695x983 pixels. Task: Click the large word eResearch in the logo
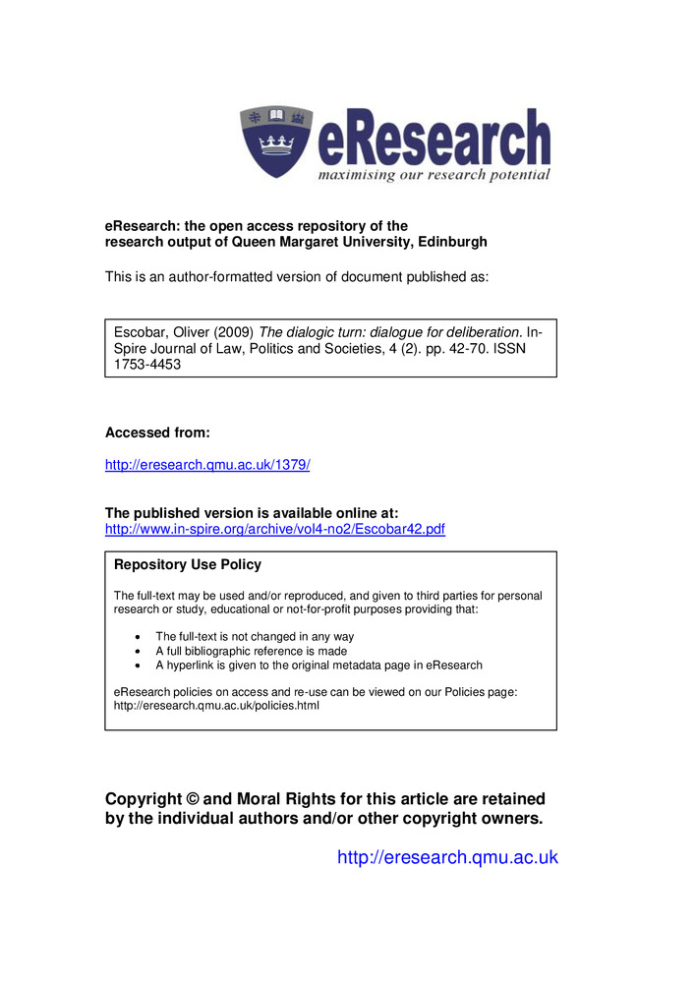[434, 143]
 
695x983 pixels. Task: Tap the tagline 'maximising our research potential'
[433, 175]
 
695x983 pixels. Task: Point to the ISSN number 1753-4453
[145, 364]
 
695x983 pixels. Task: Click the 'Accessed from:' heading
[157, 433]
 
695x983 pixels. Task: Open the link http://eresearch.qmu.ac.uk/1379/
[207, 464]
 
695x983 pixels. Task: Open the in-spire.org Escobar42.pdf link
[274, 529]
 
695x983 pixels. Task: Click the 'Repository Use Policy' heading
[188, 564]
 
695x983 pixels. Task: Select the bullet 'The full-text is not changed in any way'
[254, 637]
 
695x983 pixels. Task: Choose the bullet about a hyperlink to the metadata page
[319, 665]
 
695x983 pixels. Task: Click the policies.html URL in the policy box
[217, 705]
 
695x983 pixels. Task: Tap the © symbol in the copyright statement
[192, 799]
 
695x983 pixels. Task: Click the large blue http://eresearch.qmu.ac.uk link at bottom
[447, 857]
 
